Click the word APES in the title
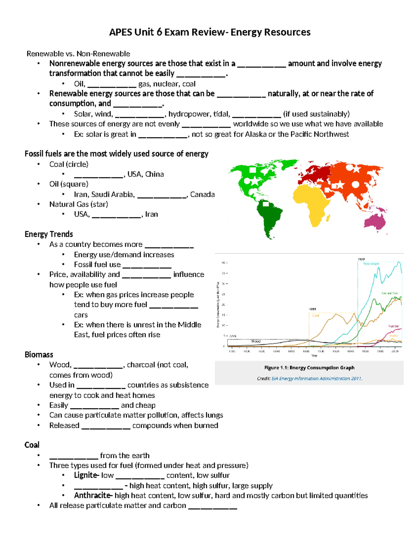click(120, 32)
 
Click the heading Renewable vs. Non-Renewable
click(78, 53)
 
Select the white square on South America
click(266, 204)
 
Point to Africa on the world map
click(313, 203)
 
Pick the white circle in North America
click(247, 181)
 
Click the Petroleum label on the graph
click(371, 264)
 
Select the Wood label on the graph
click(256, 341)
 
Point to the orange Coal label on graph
click(315, 315)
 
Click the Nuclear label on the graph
click(393, 326)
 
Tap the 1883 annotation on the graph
click(313, 309)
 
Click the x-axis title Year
click(314, 356)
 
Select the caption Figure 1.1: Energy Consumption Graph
click(309, 367)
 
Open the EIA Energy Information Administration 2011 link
click(316, 378)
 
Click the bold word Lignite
click(86, 475)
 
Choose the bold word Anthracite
click(92, 495)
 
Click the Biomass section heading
click(39, 355)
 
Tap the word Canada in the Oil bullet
click(202, 194)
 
